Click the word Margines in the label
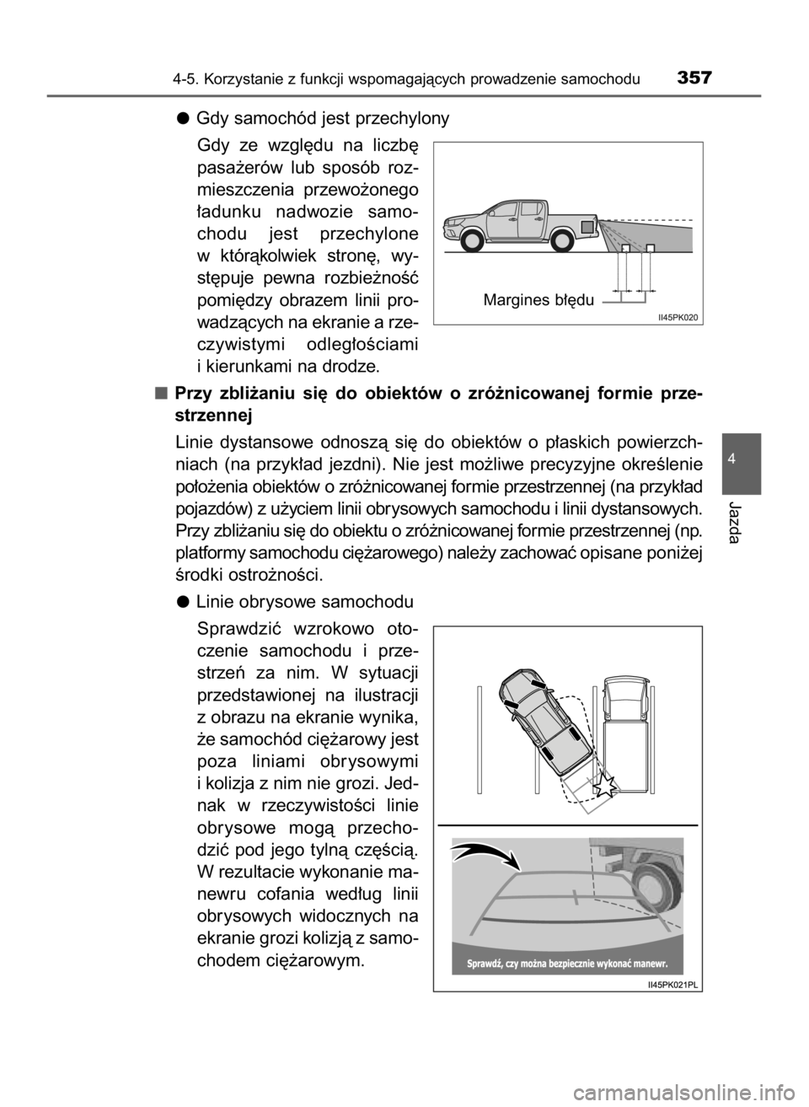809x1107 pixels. click(514, 299)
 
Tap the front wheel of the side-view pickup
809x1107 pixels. click(474, 239)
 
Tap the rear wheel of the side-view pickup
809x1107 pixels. click(562, 239)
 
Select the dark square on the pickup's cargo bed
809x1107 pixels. click(587, 226)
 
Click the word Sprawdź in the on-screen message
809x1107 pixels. click(486, 963)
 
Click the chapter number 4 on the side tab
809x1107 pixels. click(731, 459)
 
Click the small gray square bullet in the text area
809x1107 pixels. click(161, 394)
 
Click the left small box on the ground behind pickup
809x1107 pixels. click(624, 248)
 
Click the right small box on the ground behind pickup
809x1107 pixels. click(651, 248)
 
